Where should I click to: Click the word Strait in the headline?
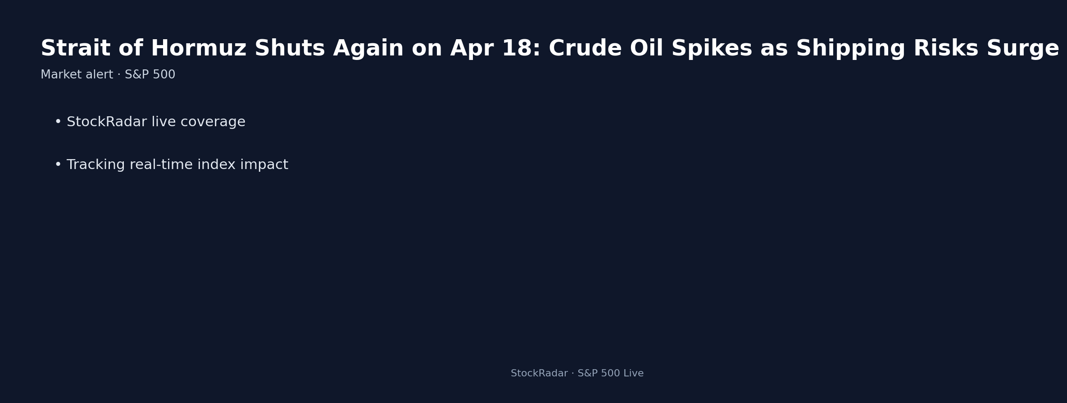[x=75, y=49]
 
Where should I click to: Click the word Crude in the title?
[x=585, y=49]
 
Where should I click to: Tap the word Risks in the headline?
[x=946, y=49]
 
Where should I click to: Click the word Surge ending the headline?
[x=1022, y=49]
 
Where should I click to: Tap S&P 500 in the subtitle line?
[x=150, y=75]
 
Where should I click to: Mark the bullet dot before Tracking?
[x=58, y=165]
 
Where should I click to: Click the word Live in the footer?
[x=633, y=374]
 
